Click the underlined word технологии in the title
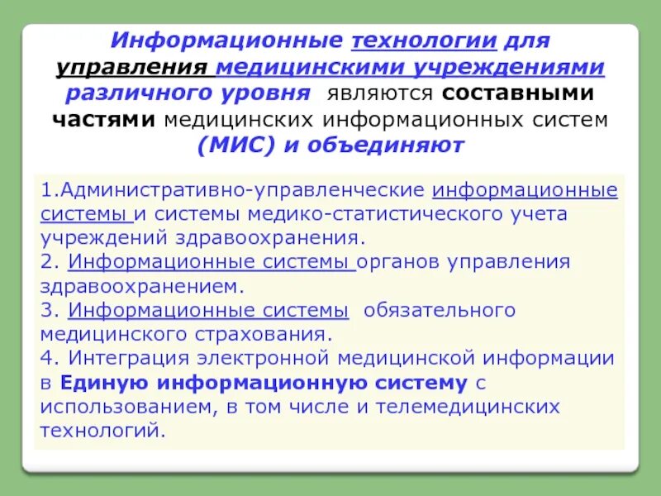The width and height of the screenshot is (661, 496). click(x=425, y=41)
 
